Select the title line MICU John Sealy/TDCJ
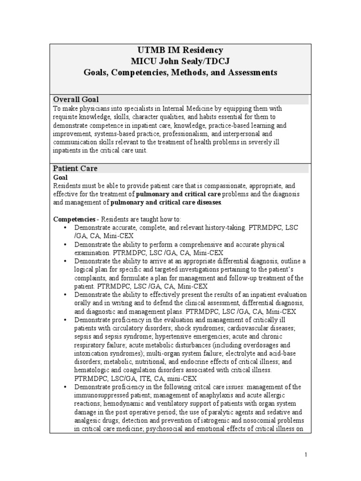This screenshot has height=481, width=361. (180, 62)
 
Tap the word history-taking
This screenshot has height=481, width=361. (225, 228)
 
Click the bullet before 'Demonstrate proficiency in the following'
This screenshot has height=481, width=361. (64, 388)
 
